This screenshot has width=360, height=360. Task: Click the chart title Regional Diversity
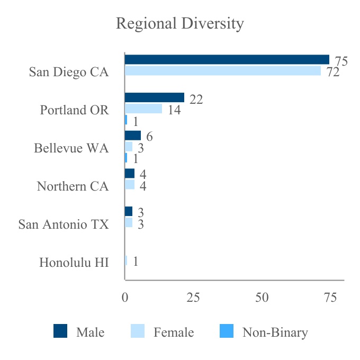180,24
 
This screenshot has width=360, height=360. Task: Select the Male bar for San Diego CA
227,60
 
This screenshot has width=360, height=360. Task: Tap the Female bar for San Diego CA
222,70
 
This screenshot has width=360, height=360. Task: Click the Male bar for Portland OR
154,97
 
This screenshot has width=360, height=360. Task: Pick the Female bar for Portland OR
143,109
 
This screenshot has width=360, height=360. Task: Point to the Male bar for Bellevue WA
132,136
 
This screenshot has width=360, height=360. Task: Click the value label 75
341,61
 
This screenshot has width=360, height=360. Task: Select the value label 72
332,73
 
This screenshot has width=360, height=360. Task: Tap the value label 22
196,100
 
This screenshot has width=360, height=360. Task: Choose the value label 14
174,111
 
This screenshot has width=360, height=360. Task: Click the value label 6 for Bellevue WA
150,137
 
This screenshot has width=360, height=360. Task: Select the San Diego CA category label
69,72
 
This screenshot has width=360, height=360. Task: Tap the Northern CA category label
73,186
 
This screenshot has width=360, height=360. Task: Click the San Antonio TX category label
64,224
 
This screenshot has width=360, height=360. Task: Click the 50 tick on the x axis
262,298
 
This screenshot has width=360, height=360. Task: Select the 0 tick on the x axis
125,298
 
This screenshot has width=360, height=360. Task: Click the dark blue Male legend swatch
60,332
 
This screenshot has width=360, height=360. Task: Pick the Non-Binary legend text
275,332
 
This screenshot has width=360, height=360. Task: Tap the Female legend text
174,332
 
